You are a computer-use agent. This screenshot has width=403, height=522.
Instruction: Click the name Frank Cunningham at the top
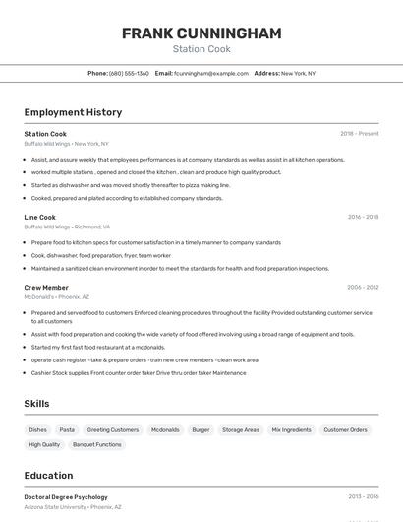(x=201, y=33)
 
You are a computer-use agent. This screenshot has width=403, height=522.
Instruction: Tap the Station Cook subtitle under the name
(x=201, y=49)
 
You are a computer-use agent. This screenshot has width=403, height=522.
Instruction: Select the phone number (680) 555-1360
(x=129, y=74)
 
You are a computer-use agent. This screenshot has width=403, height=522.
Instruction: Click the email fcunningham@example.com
(x=210, y=74)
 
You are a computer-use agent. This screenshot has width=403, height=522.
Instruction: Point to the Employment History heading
(x=73, y=113)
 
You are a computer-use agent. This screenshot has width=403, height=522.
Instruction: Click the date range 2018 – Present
(x=359, y=134)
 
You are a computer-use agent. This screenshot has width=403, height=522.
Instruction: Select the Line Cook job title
(x=40, y=217)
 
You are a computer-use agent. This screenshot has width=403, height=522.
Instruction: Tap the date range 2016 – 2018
(x=363, y=217)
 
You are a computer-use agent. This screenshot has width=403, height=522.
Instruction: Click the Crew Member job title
(x=46, y=288)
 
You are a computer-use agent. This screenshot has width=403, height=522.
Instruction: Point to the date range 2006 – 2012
(x=363, y=288)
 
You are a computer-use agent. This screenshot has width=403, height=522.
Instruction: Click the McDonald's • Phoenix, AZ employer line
(x=56, y=296)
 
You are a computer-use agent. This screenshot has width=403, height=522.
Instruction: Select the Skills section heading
(x=37, y=404)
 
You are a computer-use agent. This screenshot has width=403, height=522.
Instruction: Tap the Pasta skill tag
(x=67, y=430)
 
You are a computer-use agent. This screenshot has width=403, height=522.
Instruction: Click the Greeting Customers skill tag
(x=113, y=430)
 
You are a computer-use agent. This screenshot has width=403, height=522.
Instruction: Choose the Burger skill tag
(x=201, y=430)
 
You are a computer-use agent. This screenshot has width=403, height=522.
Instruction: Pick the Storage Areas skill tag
(x=241, y=430)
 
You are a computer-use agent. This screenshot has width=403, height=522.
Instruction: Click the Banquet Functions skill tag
(x=97, y=445)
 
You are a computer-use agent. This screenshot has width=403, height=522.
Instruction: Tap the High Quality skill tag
(x=44, y=445)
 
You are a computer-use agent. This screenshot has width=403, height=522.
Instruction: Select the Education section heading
(x=49, y=476)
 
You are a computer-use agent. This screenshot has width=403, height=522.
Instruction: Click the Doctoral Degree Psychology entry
(x=66, y=497)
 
